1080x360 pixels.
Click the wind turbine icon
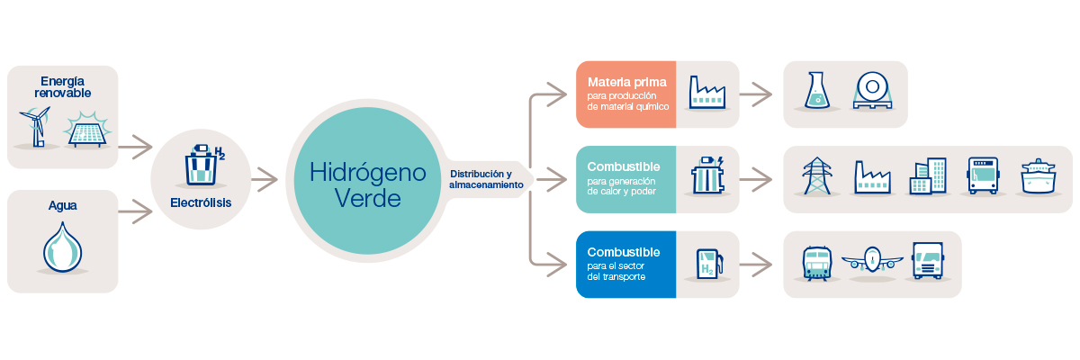(37, 127)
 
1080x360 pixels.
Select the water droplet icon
(62, 247)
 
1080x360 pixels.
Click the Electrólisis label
(201, 202)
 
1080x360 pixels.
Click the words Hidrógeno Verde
(367, 184)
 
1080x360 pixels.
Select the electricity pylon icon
(817, 176)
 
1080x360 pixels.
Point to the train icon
(817, 262)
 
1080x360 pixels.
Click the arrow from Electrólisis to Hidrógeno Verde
(264, 180)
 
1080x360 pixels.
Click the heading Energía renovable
(63, 85)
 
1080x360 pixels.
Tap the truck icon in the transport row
(927, 261)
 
